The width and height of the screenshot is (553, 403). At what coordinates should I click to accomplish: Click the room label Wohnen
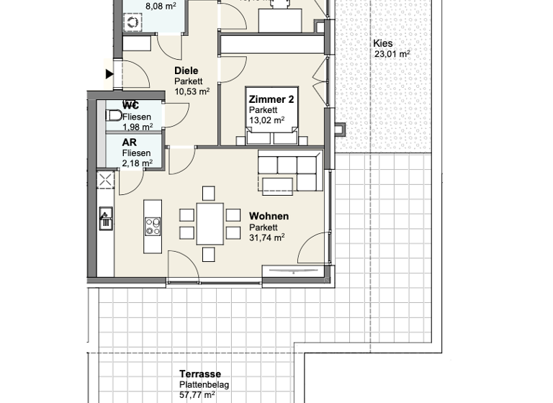click(269, 216)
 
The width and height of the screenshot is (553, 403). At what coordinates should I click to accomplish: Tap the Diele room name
click(186, 71)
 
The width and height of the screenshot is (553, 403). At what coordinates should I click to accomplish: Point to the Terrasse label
click(200, 374)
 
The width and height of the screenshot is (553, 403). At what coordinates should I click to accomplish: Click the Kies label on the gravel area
click(382, 43)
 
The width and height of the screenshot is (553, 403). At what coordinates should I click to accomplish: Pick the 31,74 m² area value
click(266, 237)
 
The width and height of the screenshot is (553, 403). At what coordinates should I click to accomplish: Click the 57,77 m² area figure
click(197, 395)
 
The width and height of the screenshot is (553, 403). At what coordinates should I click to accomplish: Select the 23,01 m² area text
click(392, 54)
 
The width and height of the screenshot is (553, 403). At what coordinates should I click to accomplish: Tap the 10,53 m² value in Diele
click(192, 91)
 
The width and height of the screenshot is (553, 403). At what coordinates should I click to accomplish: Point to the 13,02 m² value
click(266, 119)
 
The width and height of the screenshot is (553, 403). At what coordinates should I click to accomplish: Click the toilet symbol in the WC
click(114, 115)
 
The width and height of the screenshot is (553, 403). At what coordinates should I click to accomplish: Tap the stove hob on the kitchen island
click(153, 227)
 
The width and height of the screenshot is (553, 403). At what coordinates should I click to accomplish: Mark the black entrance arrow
click(109, 73)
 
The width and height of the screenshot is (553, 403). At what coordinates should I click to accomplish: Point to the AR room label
click(129, 142)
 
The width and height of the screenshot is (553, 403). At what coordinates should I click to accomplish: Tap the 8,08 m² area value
click(161, 6)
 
